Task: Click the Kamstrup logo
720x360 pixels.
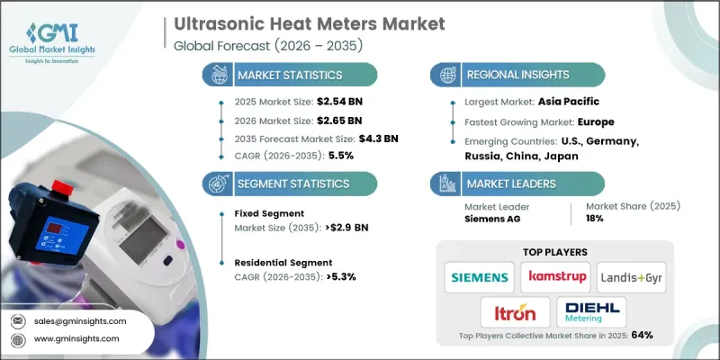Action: (560, 277)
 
